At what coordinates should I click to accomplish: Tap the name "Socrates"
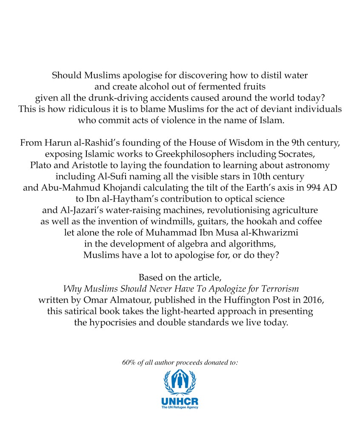click(266, 154)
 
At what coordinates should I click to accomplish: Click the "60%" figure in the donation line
click(129, 362)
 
